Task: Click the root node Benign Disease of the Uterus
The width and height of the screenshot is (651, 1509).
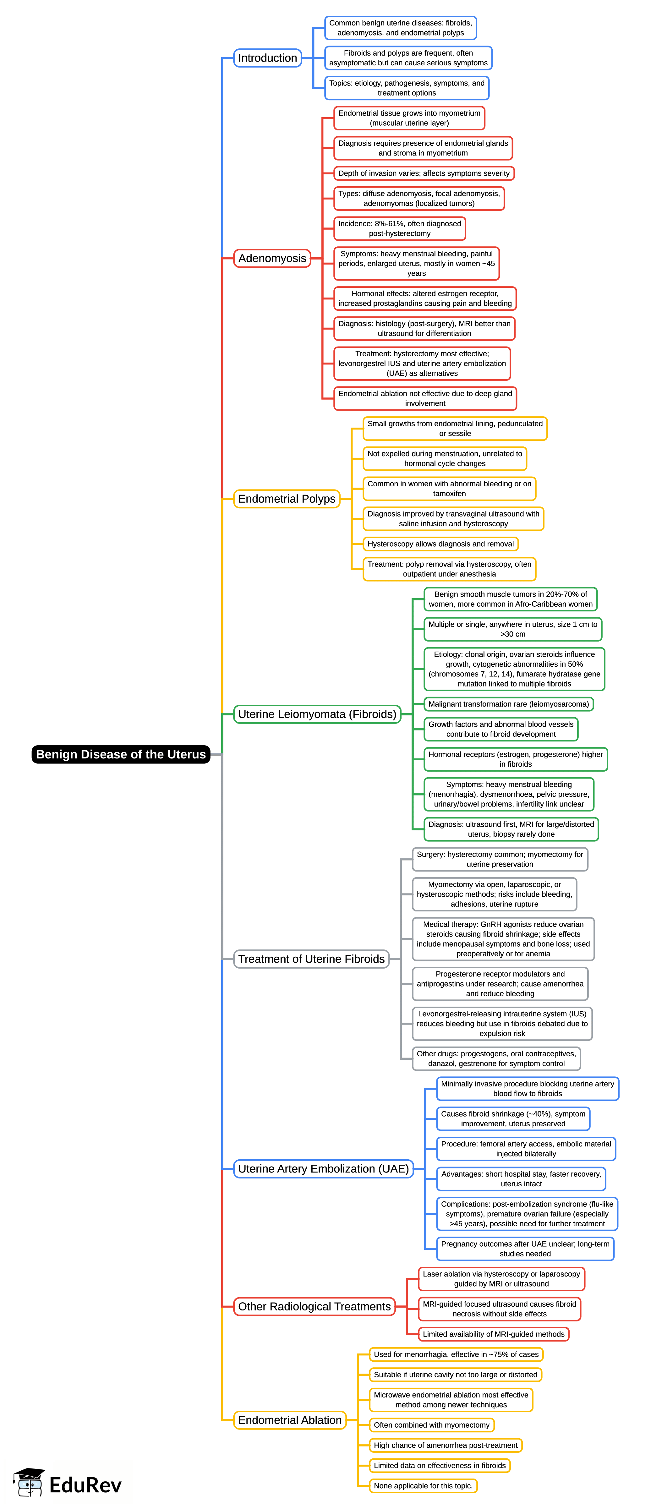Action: pos(121,754)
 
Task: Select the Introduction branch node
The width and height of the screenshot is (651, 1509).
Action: pos(267,58)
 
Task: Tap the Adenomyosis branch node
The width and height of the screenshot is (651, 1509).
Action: pos(272,258)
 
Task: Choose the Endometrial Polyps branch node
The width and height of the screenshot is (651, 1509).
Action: pos(287,499)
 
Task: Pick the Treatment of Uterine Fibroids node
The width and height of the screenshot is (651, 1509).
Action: pos(311,959)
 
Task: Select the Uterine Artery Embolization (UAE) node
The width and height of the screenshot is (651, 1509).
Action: pos(323,1169)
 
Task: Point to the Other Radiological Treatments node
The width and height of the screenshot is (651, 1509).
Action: pos(314,1306)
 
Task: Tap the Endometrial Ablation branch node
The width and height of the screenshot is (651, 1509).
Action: pos(289,1420)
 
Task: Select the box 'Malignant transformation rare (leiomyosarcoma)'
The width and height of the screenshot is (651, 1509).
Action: pos(508,704)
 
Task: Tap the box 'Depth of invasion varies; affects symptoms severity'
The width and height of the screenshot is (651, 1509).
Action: pos(424,173)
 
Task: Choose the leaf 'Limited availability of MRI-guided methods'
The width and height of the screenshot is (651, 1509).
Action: pos(493,1334)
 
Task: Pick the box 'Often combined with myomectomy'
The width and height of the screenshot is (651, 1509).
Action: pos(431,1425)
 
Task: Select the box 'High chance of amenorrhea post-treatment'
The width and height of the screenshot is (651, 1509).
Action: pos(445,1445)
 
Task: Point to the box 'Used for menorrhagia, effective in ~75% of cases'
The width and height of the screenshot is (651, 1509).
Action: pos(456,1354)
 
